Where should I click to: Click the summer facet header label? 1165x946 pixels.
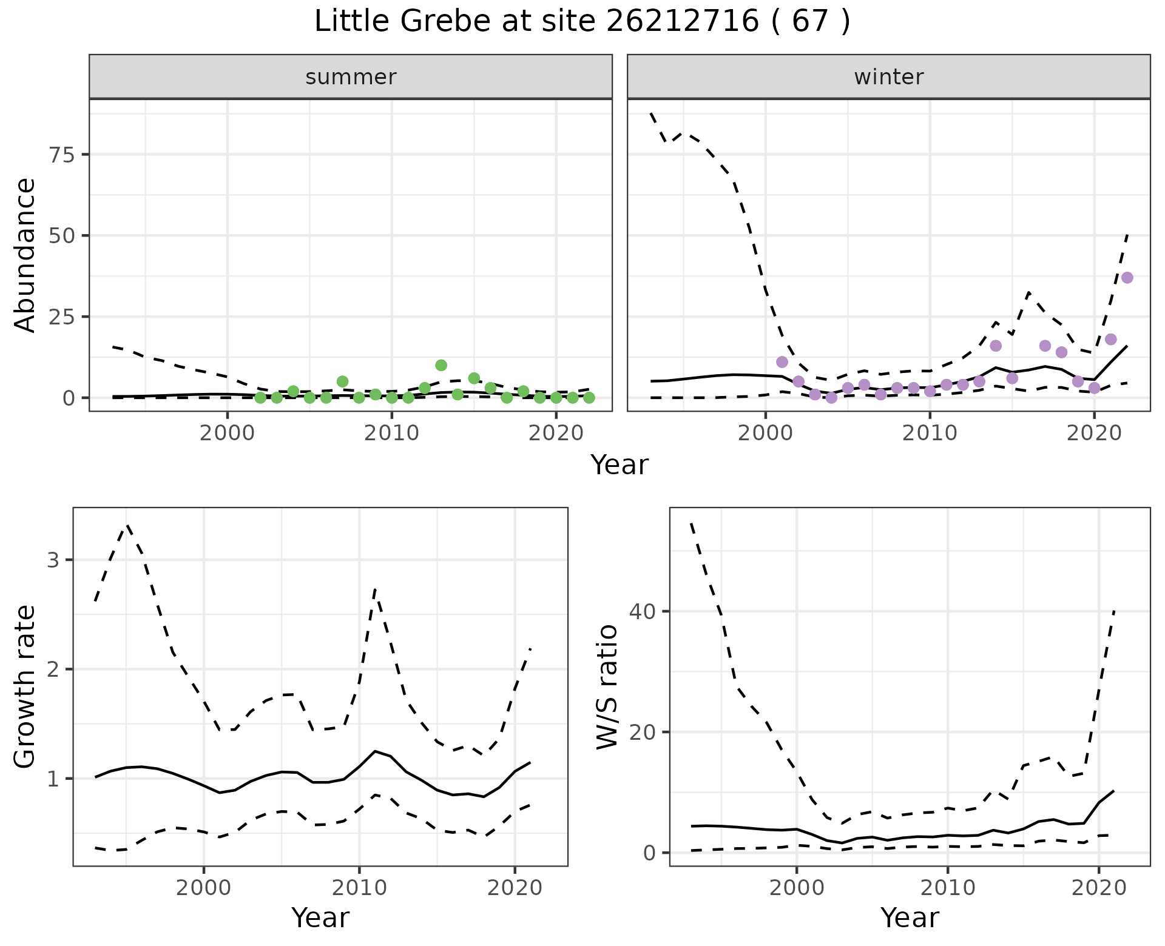pyautogui.click(x=351, y=77)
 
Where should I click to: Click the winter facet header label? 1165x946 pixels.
pyautogui.click(x=888, y=77)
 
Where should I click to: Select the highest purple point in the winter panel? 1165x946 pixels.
pyautogui.click(x=1127, y=278)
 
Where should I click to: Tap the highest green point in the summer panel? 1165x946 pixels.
pyautogui.click(x=441, y=365)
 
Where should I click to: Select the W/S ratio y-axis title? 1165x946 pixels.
pyautogui.click(x=607, y=686)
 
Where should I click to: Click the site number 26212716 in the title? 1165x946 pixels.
pyautogui.click(x=682, y=22)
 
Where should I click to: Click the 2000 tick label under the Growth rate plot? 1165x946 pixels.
pyautogui.click(x=204, y=888)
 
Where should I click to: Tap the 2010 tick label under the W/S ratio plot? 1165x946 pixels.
pyautogui.click(x=947, y=888)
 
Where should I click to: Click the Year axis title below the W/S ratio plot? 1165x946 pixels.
pyautogui.click(x=910, y=918)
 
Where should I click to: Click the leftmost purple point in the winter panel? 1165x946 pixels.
pyautogui.click(x=782, y=362)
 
